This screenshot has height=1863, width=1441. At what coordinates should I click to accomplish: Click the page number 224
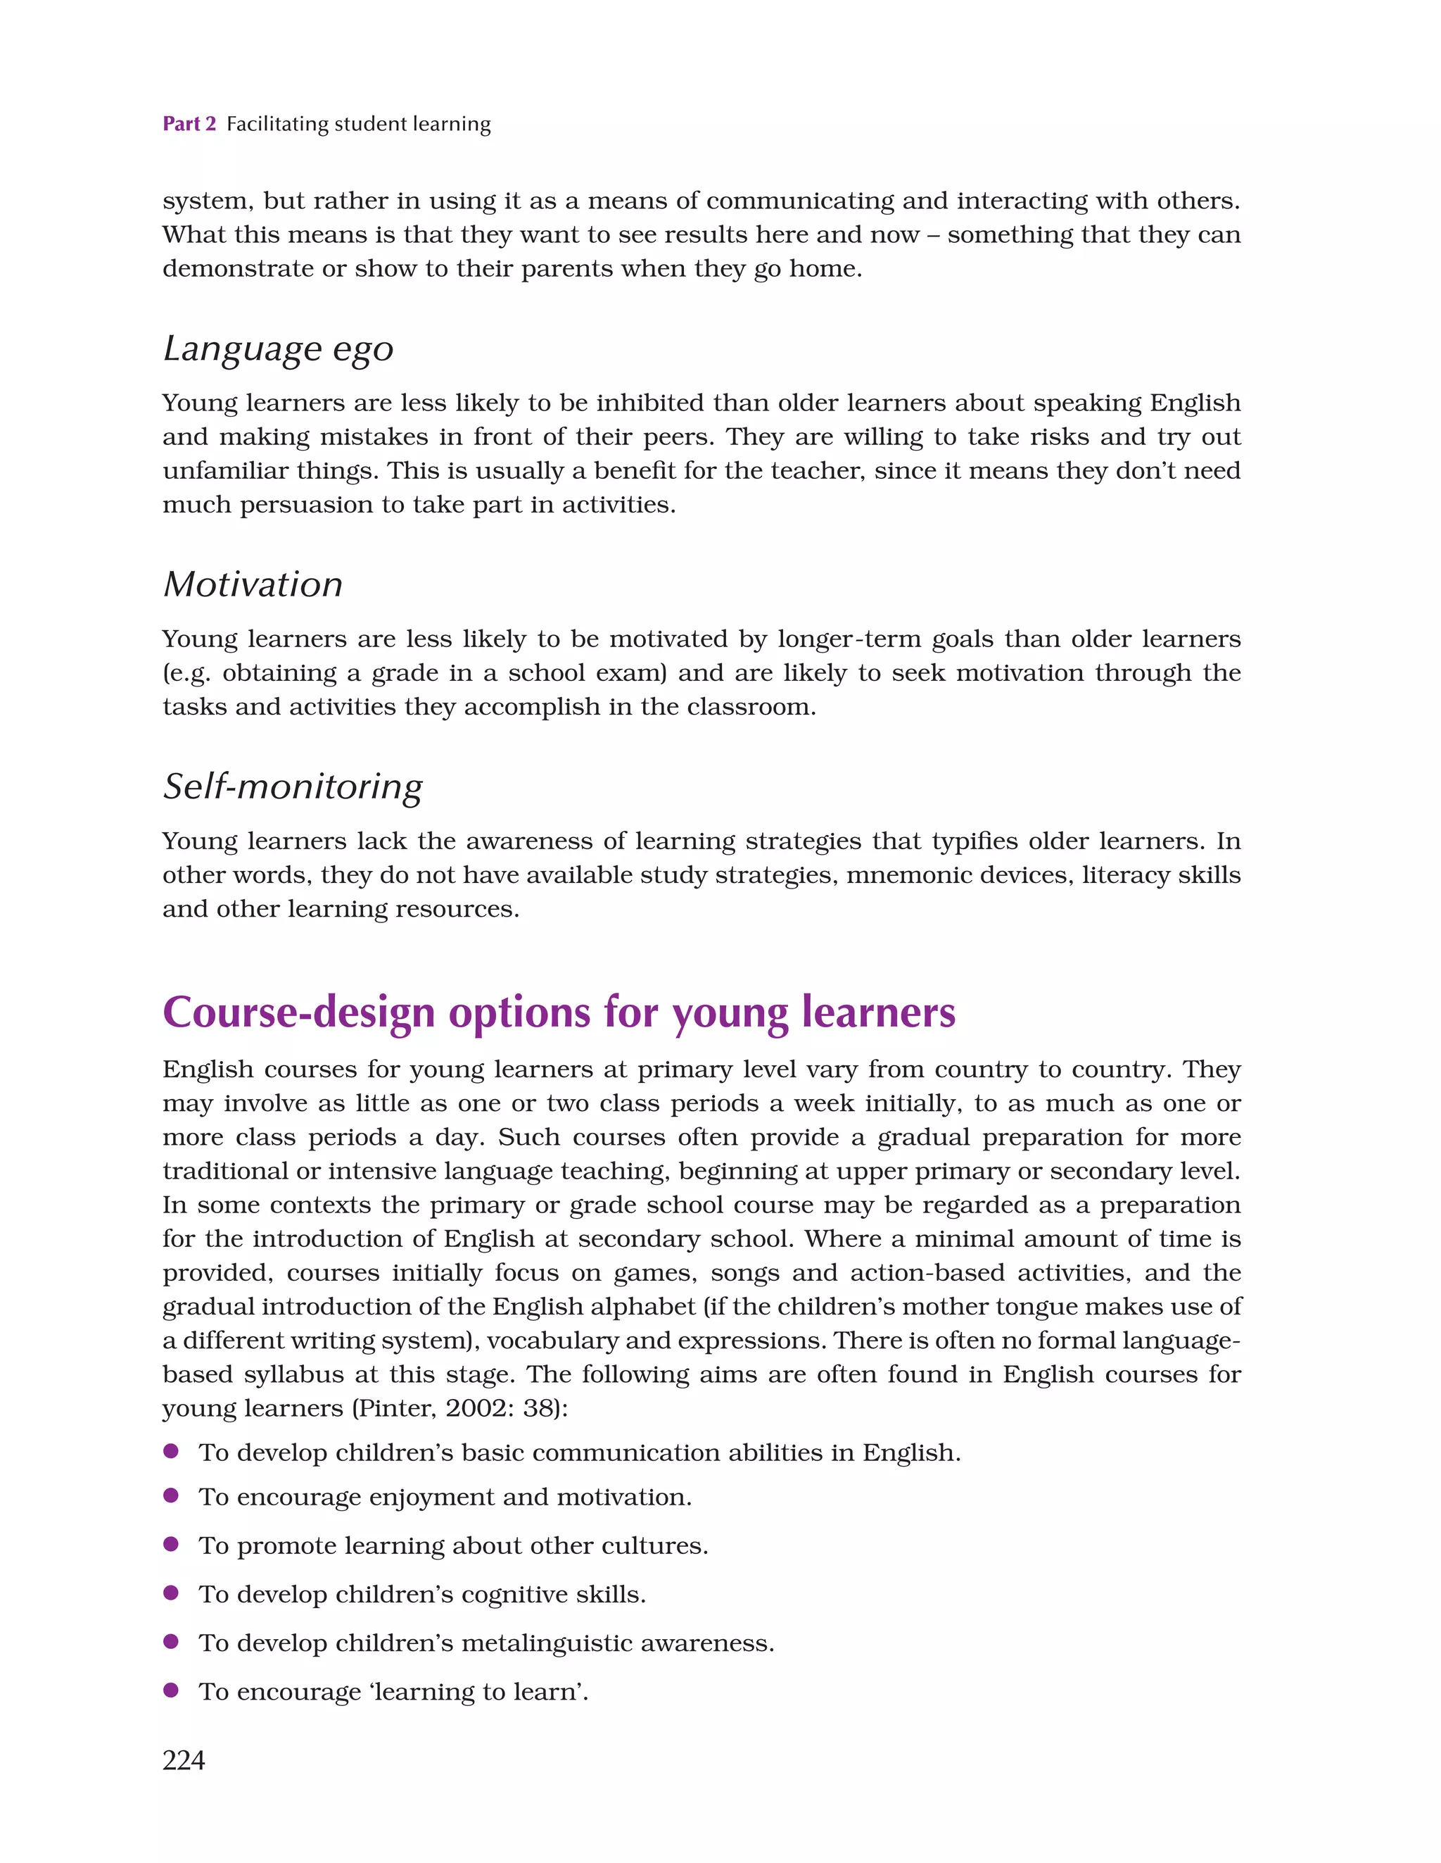184,1759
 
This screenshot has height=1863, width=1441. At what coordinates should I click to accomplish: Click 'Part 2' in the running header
189,124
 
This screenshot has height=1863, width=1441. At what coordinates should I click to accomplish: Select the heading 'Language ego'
278,349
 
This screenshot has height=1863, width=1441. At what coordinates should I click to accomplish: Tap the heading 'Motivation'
253,585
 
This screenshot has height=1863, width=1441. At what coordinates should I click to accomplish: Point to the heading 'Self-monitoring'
293,786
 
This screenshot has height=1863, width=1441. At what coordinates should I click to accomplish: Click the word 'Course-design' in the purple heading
298,1012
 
